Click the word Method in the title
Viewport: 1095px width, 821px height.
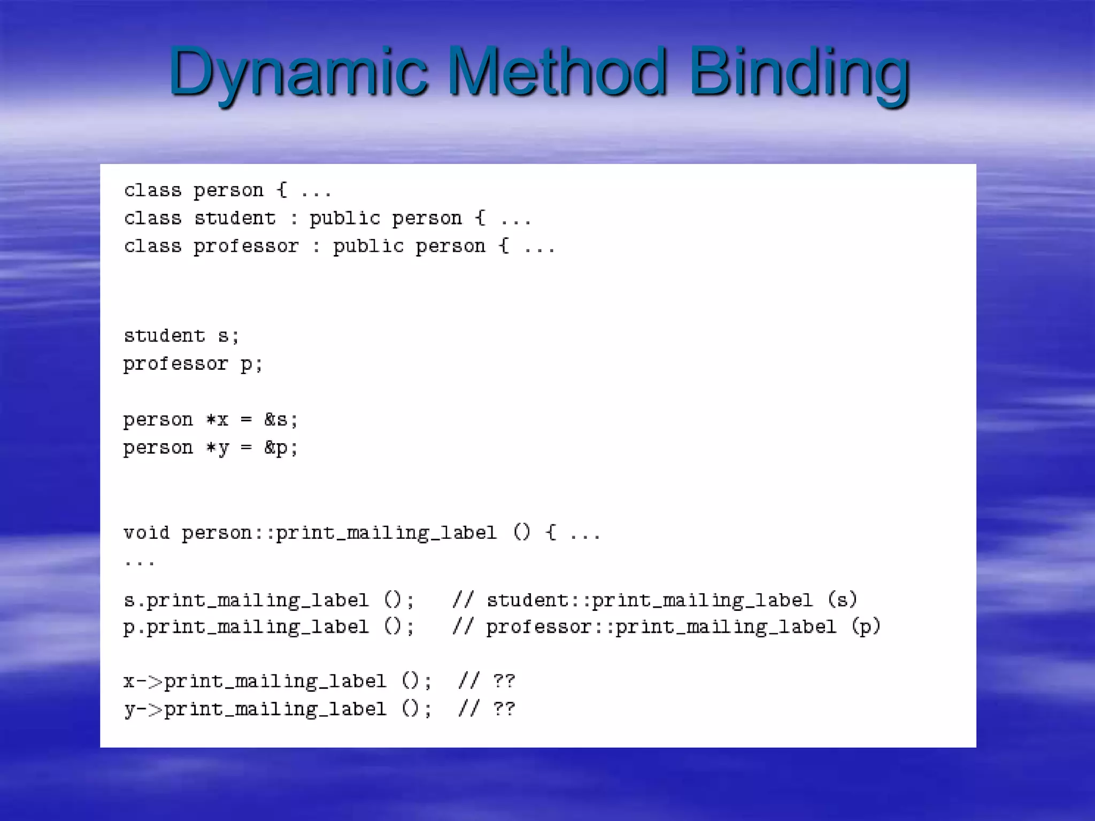pyautogui.click(x=557, y=72)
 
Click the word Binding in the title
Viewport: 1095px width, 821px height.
pyautogui.click(x=799, y=72)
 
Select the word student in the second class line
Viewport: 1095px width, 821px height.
pyautogui.click(x=235, y=218)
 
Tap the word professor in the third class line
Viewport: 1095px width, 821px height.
pyautogui.click(x=246, y=246)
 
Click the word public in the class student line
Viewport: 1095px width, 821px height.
pyautogui.click(x=345, y=218)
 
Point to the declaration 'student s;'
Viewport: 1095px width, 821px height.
pyautogui.click(x=181, y=336)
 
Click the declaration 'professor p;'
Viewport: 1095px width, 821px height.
pyautogui.click(x=193, y=364)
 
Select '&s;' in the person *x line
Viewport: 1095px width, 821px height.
pyautogui.click(x=281, y=420)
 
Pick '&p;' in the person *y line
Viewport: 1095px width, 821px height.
pyautogui.click(x=281, y=448)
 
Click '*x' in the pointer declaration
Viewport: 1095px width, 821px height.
pyautogui.click(x=218, y=420)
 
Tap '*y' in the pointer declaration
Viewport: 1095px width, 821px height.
pyautogui.click(x=218, y=448)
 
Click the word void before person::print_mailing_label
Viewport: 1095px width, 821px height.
pyautogui.click(x=146, y=533)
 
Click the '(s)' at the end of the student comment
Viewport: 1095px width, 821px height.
pyautogui.click(x=842, y=600)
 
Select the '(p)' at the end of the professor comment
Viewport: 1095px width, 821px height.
pyautogui.click(x=866, y=626)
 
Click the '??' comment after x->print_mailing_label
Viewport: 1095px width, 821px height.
pyautogui.click(x=504, y=681)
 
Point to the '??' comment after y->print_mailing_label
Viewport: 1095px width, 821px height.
pyautogui.click(x=504, y=709)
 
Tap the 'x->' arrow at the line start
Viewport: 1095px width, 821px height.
pyautogui.click(x=143, y=681)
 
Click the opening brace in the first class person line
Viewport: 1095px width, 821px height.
pyautogui.click(x=282, y=190)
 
